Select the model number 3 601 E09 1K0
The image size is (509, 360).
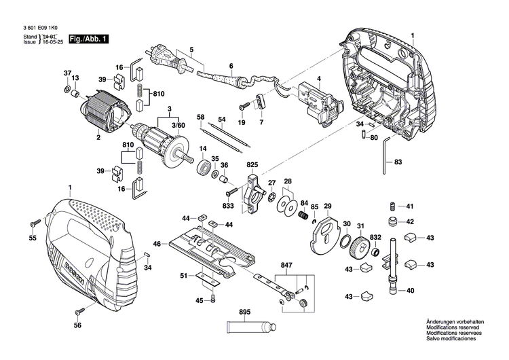[33, 30]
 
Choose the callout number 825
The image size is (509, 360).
[252, 165]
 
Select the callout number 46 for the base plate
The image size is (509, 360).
[157, 243]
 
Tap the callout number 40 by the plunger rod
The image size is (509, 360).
[410, 291]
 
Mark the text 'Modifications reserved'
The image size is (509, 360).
[454, 327]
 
